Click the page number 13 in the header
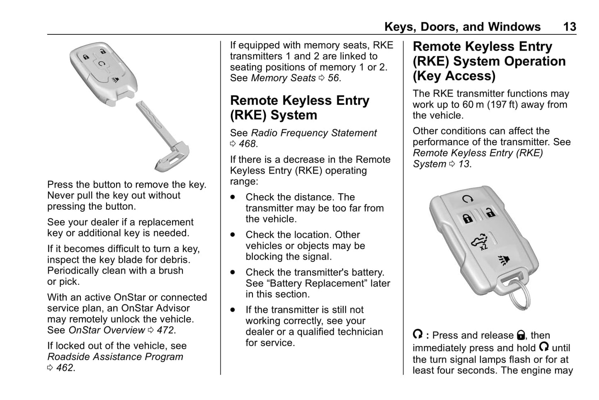[569, 27]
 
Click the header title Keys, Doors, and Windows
[462, 27]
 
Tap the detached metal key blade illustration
[162, 133]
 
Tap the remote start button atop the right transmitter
[467, 199]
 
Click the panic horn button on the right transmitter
[504, 260]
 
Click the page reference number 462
[65, 368]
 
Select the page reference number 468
[248, 144]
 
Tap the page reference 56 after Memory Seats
[334, 78]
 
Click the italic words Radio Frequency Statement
[314, 133]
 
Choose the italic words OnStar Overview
[107, 330]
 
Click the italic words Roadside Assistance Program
[115, 357]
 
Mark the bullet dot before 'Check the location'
[233, 235]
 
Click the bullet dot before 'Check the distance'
[233, 197]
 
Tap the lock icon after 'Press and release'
[521, 335]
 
